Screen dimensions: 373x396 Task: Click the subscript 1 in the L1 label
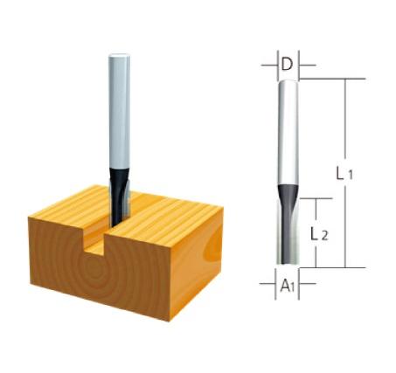[350, 176]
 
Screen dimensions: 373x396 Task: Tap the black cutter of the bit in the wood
[117, 188]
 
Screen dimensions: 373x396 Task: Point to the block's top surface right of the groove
[170, 214]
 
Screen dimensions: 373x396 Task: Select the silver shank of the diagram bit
[288, 131]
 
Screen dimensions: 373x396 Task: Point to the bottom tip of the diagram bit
[288, 263]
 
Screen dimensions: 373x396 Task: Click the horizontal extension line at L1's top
[332, 79]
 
